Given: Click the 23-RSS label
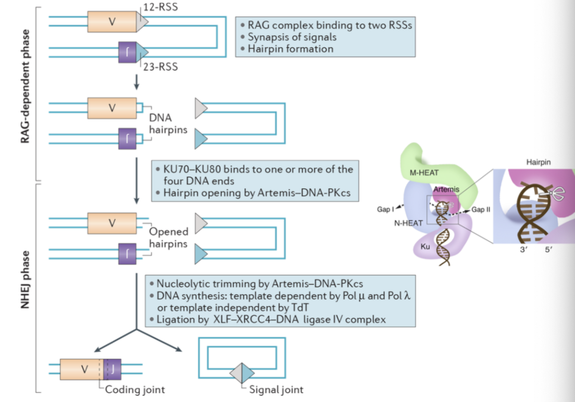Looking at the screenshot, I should click(160, 67).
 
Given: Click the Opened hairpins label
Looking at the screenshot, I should click(168, 237).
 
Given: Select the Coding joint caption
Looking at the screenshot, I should click(135, 390).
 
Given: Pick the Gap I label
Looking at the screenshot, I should click(386, 209).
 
